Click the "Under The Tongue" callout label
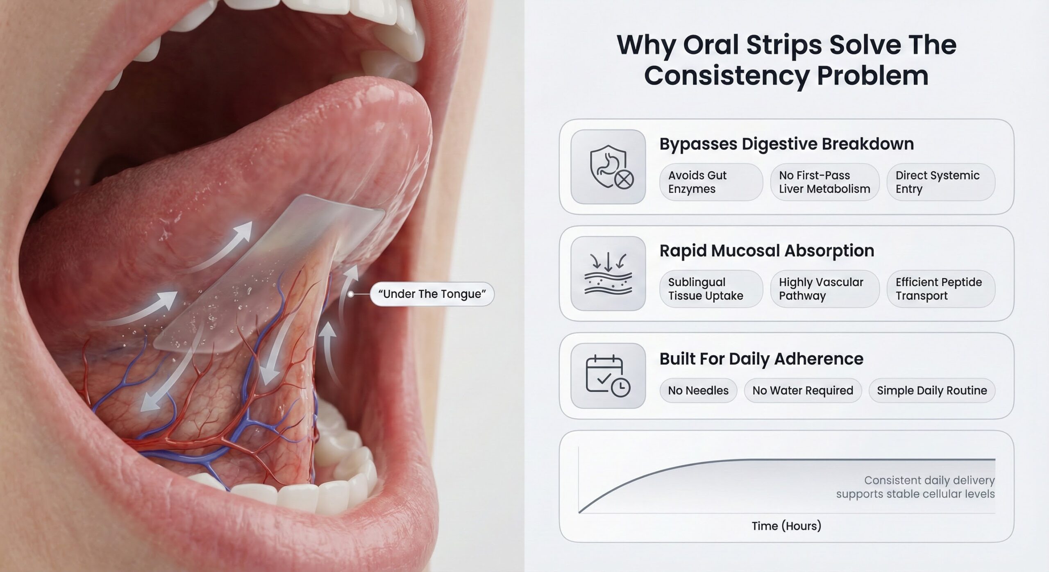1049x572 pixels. [432, 294]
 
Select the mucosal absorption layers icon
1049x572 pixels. [608, 274]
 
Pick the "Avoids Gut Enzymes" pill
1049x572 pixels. [711, 182]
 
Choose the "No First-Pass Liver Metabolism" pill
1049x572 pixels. [825, 182]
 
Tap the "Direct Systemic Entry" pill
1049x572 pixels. [941, 182]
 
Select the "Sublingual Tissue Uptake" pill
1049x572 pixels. [711, 289]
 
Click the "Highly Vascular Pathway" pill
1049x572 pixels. [825, 289]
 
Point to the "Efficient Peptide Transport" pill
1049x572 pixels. [941, 289]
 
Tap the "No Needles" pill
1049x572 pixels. [698, 390]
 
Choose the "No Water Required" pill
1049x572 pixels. [803, 390]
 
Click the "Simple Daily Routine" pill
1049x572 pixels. [932, 390]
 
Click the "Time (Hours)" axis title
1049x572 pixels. [786, 526]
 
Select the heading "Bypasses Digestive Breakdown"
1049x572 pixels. [786, 144]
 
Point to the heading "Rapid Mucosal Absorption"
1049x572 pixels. [767, 251]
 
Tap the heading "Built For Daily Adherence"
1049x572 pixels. [761, 359]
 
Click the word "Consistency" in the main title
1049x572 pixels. [727, 76]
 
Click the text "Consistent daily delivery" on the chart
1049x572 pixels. [929, 480]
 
